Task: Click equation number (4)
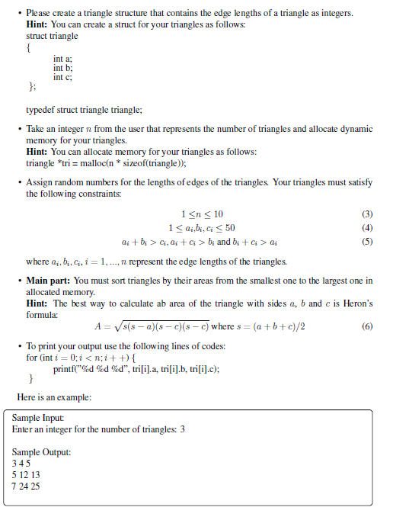click(x=367, y=227)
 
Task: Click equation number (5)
click(x=367, y=242)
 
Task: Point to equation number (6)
click(x=367, y=328)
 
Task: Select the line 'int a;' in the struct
click(x=63, y=59)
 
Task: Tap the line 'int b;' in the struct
click(x=63, y=68)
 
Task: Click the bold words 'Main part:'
click(x=50, y=281)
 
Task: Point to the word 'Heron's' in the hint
click(x=354, y=303)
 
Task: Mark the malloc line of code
click(x=106, y=162)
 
